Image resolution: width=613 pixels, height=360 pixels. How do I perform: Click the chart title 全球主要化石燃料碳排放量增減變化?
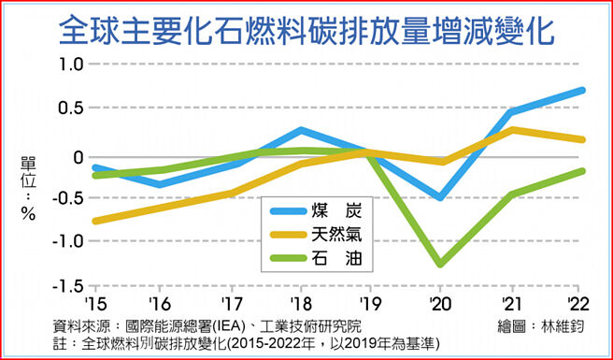coord(305,29)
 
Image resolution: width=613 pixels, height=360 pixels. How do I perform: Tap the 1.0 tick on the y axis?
coord(71,65)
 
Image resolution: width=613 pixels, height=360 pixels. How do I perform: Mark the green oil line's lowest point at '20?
coord(440,265)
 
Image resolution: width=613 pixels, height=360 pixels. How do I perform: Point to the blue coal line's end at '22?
coord(583,91)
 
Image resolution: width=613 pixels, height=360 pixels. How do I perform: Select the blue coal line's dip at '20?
coord(440,197)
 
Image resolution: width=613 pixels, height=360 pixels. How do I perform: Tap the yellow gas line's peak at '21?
coord(511,130)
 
